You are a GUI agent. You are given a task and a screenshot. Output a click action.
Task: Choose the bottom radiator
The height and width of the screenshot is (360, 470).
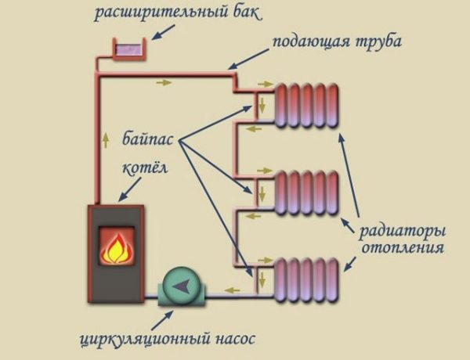308,277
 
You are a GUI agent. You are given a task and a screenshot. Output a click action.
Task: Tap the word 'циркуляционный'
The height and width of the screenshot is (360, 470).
146,340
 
